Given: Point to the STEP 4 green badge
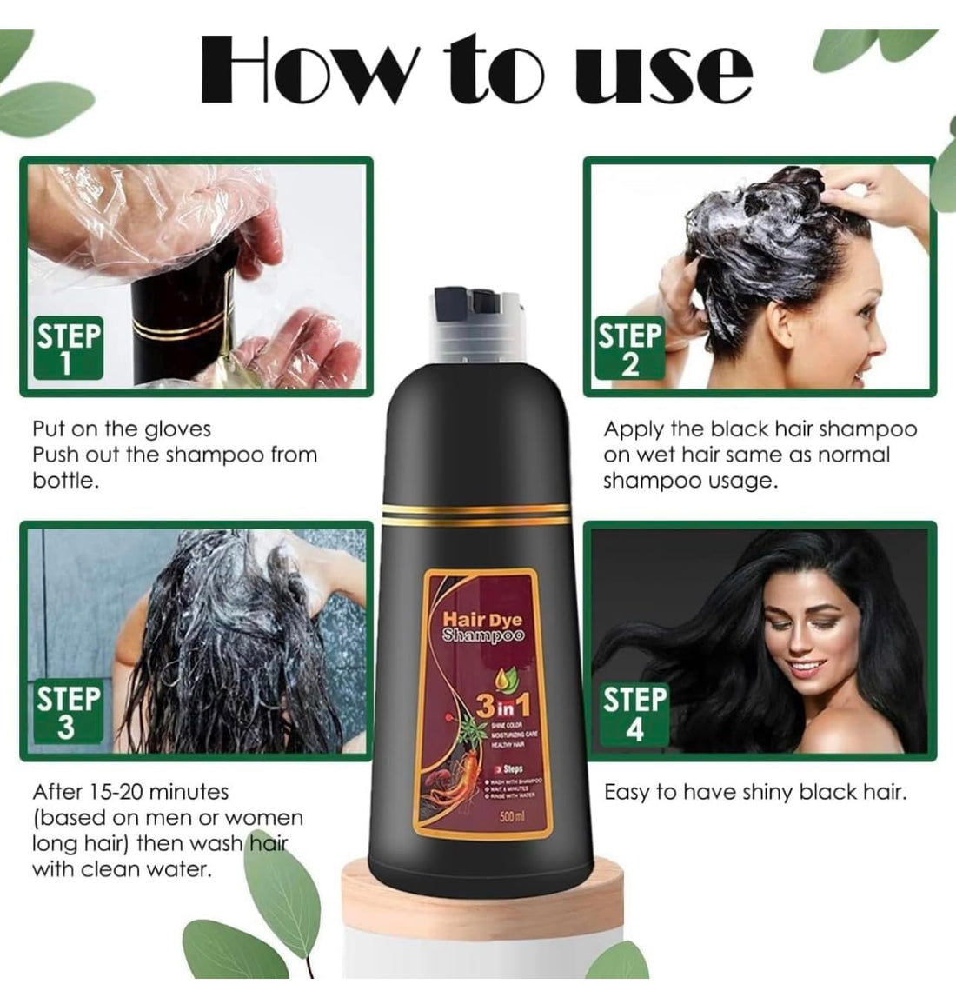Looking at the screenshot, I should pyautogui.click(x=634, y=714).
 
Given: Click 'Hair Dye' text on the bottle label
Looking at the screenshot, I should pyautogui.click(x=482, y=620).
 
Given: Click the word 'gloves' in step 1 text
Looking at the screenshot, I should pyautogui.click(x=178, y=429).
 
